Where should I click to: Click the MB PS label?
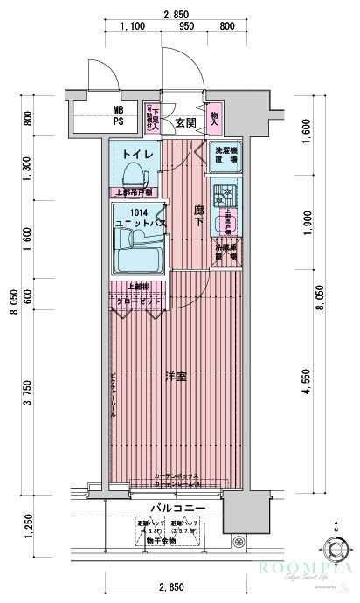point(117,115)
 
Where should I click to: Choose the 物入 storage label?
point(215,115)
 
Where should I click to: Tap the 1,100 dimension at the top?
point(132,27)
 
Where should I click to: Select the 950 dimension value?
point(186,27)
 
